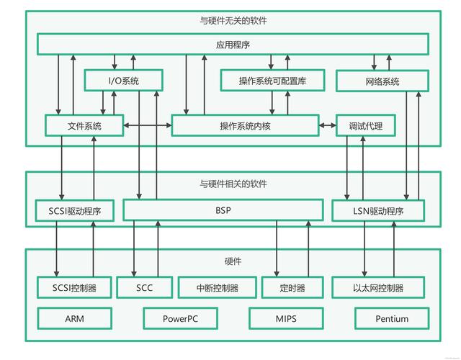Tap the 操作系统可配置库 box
pyautogui.click(x=272, y=81)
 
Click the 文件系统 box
pyautogui.click(x=84, y=126)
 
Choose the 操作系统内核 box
pyautogui.click(x=244, y=126)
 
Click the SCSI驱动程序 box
pyautogui.click(x=74, y=211)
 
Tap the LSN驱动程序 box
pyautogui.click(x=378, y=211)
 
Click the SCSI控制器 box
pyautogui.click(x=74, y=288)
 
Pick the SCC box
pyautogui.click(x=144, y=288)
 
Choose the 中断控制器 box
pyautogui.click(x=217, y=288)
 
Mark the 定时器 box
pyautogui.click(x=292, y=288)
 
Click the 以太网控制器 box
pyautogui.click(x=378, y=288)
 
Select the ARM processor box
pyautogui.click(x=74, y=318)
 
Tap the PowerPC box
pyautogui.click(x=180, y=318)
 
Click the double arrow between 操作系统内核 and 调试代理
pyautogui.click(x=328, y=126)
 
